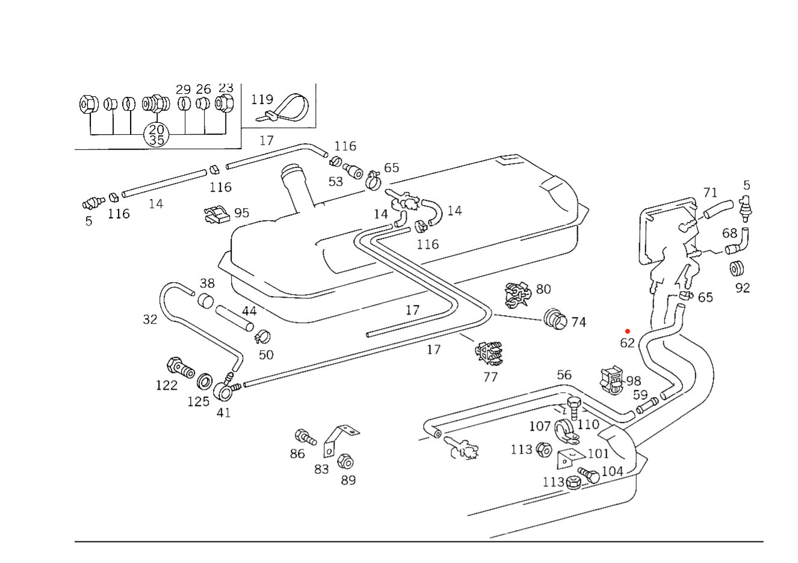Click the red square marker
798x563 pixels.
627,331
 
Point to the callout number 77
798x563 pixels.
490,377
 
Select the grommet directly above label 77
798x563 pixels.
490,352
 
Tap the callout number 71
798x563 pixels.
711,192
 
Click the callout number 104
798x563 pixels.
613,472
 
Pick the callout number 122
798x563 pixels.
167,386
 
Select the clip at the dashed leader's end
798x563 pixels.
556,319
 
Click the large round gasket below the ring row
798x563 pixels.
158,135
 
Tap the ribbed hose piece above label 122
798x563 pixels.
180,366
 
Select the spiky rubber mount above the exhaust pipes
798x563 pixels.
612,379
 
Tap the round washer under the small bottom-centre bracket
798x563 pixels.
345,463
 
